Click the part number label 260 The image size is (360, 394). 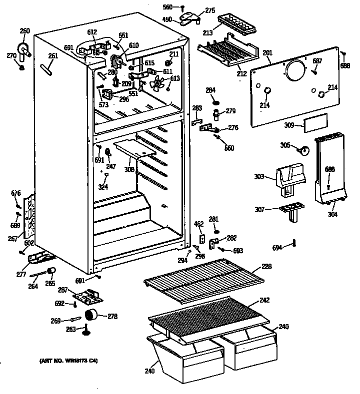click(x=24, y=31)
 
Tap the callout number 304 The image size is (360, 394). click(x=332, y=215)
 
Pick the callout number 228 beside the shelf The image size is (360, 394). click(x=267, y=267)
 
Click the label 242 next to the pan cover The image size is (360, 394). click(x=264, y=300)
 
